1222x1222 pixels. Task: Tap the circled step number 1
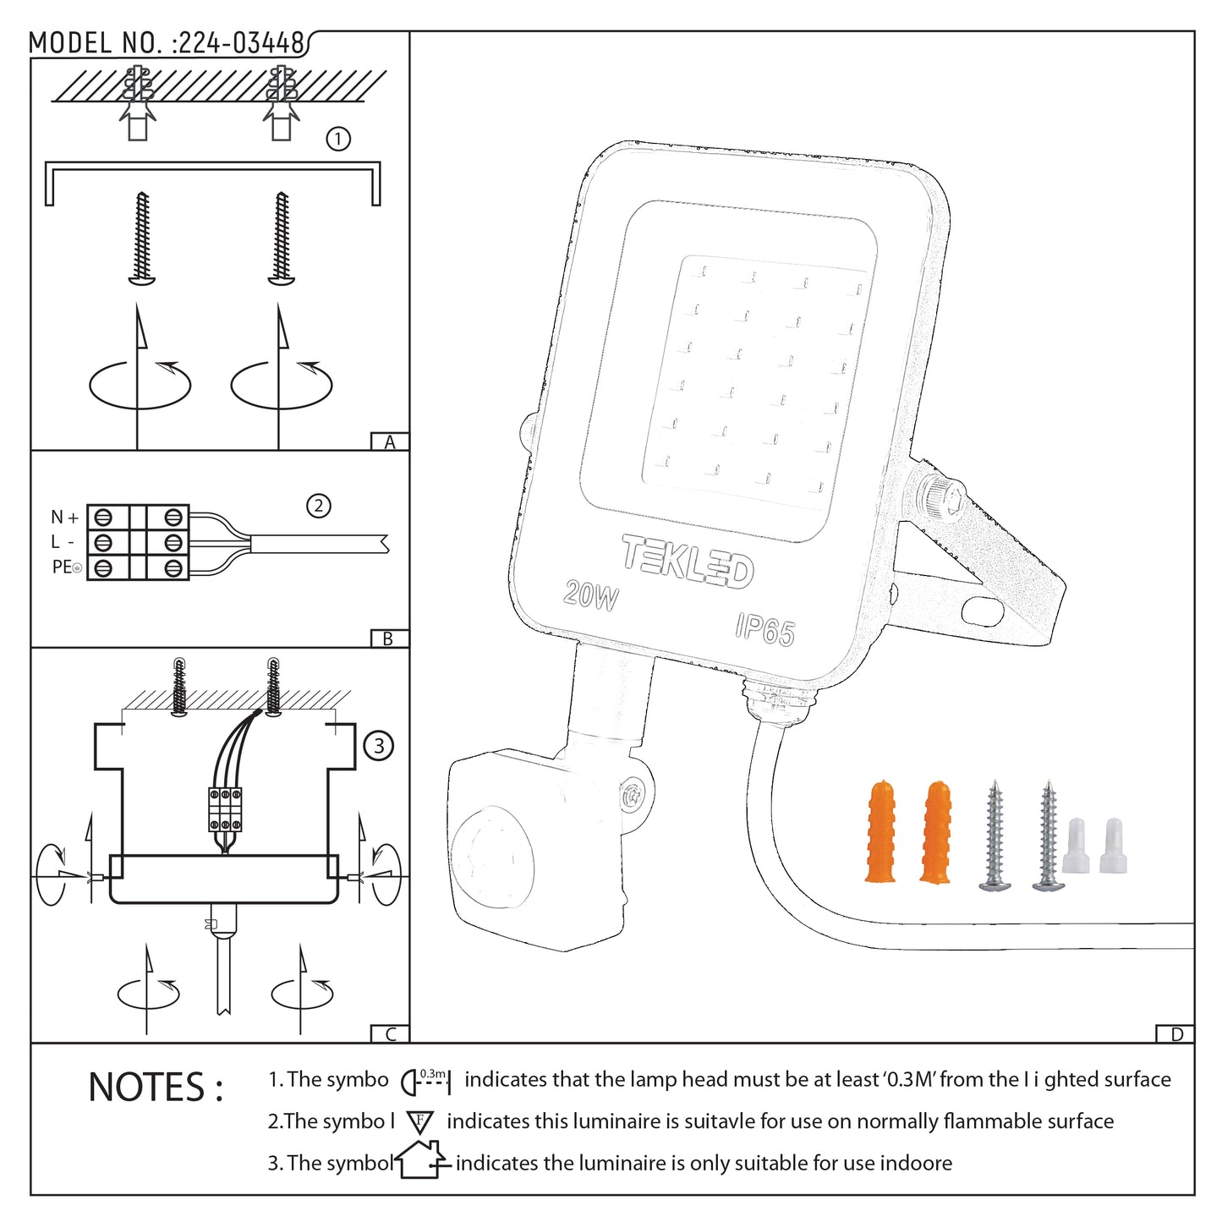click(x=338, y=139)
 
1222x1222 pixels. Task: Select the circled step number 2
click(x=318, y=506)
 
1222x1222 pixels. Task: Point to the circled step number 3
click(x=378, y=746)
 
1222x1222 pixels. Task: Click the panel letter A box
click(x=390, y=442)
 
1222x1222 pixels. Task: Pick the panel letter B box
click(x=389, y=639)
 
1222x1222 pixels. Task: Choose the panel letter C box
click(x=390, y=1034)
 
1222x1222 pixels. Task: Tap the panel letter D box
click(x=1176, y=1034)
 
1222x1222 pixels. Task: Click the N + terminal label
click(x=64, y=517)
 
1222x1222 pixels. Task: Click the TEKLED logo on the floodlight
click(x=688, y=561)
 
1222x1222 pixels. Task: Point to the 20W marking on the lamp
click(x=591, y=595)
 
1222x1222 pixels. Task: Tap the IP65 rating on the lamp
click(x=764, y=629)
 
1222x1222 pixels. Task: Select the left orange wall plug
click(x=880, y=832)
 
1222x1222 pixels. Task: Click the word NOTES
click(x=156, y=1088)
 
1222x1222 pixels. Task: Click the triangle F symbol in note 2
click(x=420, y=1122)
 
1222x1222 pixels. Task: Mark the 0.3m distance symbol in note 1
click(x=426, y=1080)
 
